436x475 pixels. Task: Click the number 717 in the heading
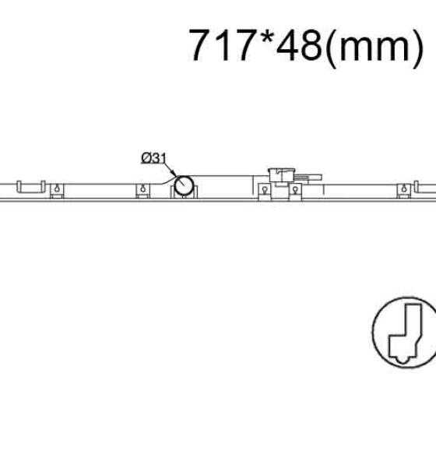tap(221, 45)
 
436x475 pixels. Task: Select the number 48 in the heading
tap(299, 45)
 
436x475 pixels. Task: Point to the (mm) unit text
tap(374, 47)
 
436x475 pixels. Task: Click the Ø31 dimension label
tap(154, 158)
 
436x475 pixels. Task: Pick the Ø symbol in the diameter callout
tap(146, 158)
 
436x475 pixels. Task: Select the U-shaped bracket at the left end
tap(31, 192)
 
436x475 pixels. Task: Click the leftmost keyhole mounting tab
tap(57, 191)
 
